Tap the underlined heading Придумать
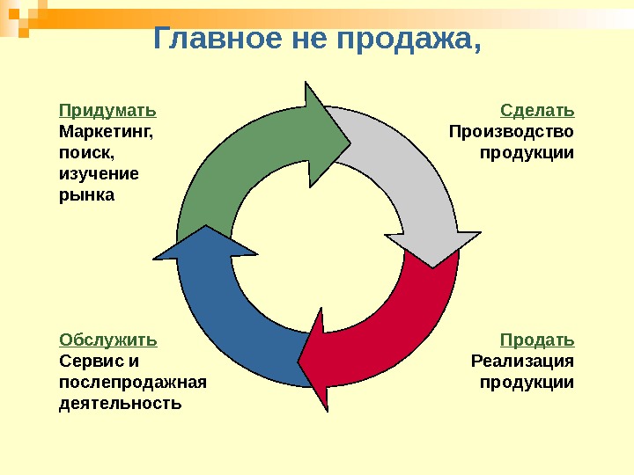point(107,111)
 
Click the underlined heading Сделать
point(537,111)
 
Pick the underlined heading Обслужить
point(108,340)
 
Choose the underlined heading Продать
point(537,340)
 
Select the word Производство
point(511,132)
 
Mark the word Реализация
point(522,361)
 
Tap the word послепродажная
point(132,383)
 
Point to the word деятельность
point(120,404)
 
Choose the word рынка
point(86,194)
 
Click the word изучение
point(99,173)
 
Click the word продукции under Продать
point(527,383)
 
